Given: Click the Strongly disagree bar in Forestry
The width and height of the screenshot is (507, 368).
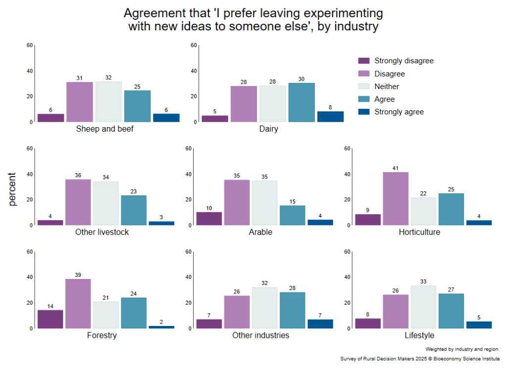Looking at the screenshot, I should (51, 319).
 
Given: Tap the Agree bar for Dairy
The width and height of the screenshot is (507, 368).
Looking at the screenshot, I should (302, 102).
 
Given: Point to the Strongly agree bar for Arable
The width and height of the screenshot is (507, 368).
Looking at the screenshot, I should (320, 223).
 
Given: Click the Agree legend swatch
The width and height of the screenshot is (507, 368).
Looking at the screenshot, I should (364, 99).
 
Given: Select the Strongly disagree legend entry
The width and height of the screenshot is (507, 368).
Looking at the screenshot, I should (404, 61).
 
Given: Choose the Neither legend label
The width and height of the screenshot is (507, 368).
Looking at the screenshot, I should (387, 87).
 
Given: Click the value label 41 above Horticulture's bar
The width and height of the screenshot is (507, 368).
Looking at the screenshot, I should (396, 168).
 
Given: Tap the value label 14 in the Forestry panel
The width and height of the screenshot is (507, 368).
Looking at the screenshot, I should (51, 306).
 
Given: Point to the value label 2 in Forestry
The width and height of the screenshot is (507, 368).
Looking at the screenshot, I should (161, 322).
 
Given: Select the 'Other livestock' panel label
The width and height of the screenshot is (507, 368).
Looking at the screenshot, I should (101, 232).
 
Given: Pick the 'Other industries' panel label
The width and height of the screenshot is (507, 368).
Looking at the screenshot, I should (261, 335).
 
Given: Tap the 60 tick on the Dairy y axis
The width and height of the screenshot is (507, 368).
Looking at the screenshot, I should (194, 46).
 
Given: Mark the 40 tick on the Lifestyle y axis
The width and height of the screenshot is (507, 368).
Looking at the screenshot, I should (348, 277).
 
